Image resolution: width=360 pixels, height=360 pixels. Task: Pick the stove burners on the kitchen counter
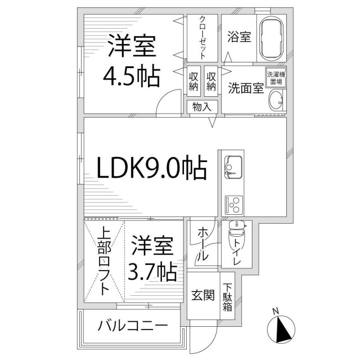[232, 203]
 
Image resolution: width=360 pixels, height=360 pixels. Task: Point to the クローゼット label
[203, 37]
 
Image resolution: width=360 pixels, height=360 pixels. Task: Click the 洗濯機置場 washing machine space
[276, 78]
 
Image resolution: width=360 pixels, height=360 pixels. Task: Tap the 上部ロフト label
[104, 261]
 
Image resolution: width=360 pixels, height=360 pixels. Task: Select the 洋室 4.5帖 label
[132, 60]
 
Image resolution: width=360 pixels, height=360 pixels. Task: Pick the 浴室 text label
[238, 37]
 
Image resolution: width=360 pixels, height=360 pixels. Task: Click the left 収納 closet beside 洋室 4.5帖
[193, 81]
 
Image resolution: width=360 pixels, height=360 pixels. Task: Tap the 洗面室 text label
[245, 88]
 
